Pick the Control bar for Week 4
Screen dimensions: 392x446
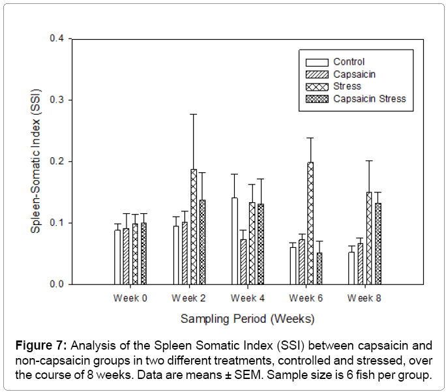point(234,241)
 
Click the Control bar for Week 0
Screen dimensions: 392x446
point(117,257)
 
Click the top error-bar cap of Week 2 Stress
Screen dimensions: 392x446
point(193,114)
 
